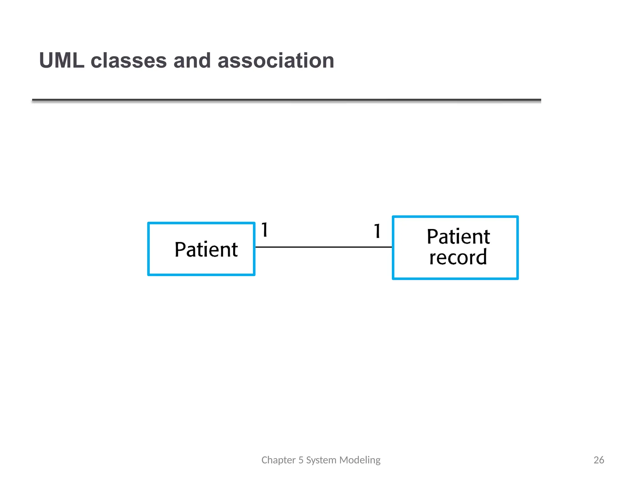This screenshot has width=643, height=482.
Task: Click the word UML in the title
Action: point(62,61)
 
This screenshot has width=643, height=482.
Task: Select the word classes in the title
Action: point(129,61)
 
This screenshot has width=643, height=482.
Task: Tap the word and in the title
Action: point(192,61)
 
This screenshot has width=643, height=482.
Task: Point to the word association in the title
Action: point(276,61)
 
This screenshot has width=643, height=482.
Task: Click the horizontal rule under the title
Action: point(286,100)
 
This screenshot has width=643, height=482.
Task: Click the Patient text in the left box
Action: point(206,250)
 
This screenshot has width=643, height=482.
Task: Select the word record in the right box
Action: point(458,257)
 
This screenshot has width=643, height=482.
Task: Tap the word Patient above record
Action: point(458,237)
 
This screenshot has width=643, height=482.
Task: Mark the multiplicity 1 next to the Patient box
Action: point(265,230)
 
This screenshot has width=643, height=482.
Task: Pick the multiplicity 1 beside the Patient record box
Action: point(377,231)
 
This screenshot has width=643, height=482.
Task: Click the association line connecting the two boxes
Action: point(323,247)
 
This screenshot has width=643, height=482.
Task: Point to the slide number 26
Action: point(599,460)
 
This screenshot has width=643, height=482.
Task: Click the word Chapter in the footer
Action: point(278,460)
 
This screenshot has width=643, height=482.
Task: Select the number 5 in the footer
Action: point(301,460)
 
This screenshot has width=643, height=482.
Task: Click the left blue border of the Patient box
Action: point(149,249)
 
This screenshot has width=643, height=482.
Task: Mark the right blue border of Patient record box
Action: point(517,248)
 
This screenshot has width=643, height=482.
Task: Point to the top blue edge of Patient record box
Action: point(455,217)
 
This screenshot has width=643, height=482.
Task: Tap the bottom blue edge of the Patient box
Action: point(201,275)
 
